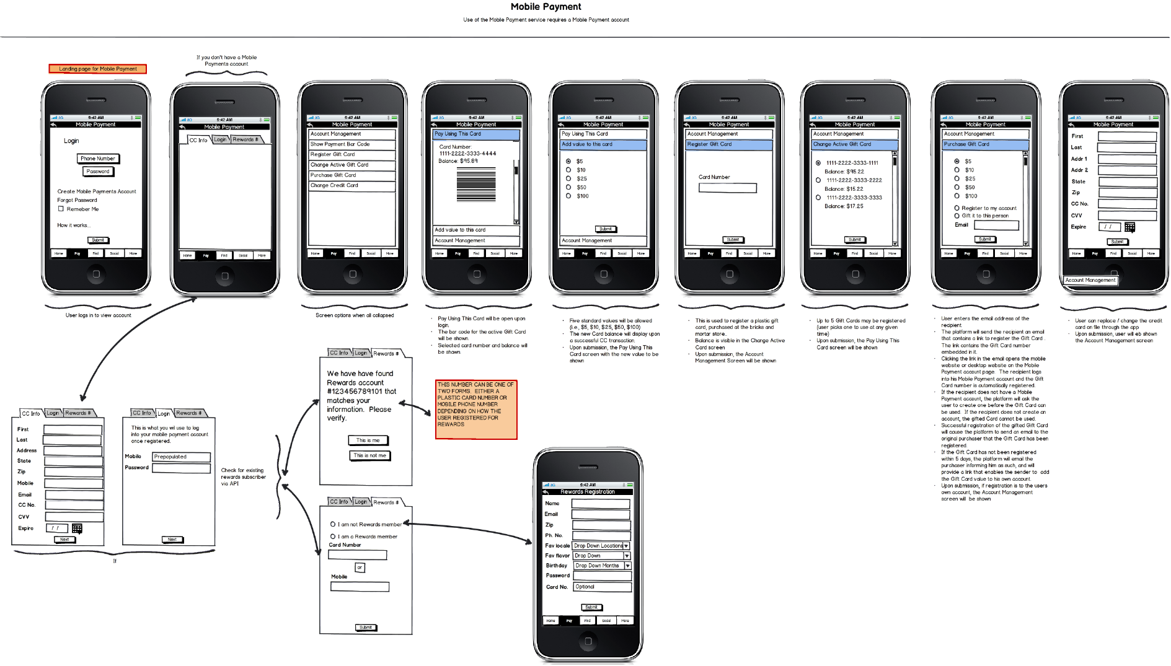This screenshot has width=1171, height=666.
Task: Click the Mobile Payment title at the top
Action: coord(546,7)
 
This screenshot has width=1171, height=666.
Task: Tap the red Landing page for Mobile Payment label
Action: coord(98,69)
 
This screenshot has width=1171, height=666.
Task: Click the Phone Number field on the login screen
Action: coord(98,159)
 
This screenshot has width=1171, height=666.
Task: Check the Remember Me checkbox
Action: coord(61,209)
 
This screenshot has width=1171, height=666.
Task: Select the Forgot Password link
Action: coord(77,200)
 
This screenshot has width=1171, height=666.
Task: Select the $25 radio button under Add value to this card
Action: coord(568,178)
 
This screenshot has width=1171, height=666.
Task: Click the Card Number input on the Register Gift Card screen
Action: coord(727,188)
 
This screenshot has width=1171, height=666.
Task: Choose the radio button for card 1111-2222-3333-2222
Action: coord(818,180)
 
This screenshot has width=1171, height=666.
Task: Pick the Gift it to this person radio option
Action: coord(957,216)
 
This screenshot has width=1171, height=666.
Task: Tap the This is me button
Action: coord(368,440)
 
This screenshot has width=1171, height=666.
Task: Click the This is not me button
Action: coord(370,455)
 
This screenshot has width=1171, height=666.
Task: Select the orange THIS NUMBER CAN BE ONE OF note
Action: coord(476,410)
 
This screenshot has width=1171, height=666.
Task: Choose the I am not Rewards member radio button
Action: coord(333,524)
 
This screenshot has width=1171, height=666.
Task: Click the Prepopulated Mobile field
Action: coord(181,457)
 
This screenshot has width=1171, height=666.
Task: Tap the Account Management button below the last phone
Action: coord(1090,280)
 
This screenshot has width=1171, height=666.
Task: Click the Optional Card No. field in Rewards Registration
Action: coord(601,587)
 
